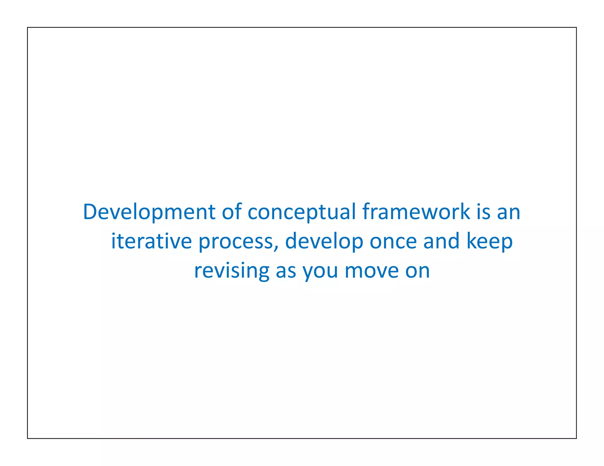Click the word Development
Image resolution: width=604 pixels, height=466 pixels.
tap(149, 212)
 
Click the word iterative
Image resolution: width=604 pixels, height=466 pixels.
tap(151, 241)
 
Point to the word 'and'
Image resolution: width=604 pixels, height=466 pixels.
tap(441, 241)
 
